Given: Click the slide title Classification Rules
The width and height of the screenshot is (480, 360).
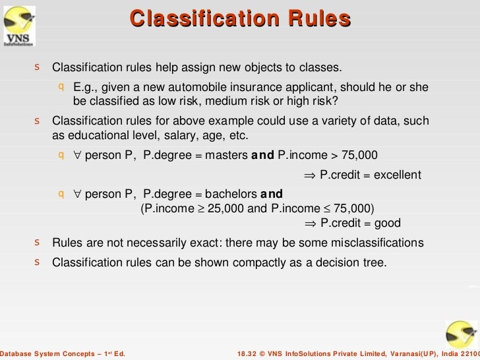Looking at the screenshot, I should pos(240,18).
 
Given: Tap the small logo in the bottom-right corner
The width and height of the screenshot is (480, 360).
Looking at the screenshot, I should pos(461,334).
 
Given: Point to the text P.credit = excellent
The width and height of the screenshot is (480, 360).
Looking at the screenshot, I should pos(370,175).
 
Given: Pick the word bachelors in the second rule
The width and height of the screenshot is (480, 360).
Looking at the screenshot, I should pos(231,194).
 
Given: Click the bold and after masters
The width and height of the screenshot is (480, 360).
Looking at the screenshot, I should pos(263,156).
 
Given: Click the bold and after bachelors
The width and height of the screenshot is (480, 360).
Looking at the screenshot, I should pos(272,194).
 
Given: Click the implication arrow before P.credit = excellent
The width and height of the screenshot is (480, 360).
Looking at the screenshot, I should pos(310,175).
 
